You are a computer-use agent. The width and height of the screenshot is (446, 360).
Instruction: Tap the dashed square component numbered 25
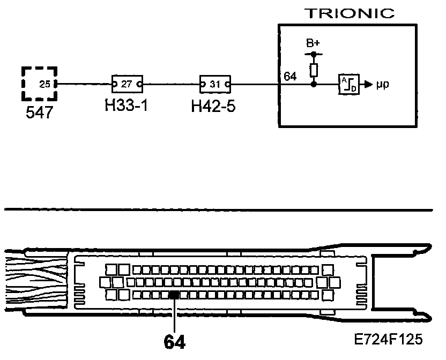pyautogui.click(x=39, y=84)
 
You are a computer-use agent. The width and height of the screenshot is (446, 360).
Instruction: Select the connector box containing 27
pyautogui.click(x=127, y=84)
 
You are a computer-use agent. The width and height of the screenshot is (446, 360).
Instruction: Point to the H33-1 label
pyautogui.click(x=127, y=105)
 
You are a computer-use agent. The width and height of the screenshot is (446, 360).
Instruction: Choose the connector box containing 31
pyautogui.click(x=215, y=84)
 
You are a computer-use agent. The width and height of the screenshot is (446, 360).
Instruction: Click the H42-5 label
pyautogui.click(x=213, y=105)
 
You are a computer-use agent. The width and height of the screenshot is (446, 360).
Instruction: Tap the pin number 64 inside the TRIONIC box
pyautogui.click(x=290, y=77)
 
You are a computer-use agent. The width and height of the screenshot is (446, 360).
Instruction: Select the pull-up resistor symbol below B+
pyautogui.click(x=314, y=69)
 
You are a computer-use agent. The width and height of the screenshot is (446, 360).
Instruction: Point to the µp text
pyautogui.click(x=382, y=85)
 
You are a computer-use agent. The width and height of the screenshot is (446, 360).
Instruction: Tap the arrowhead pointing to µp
pyautogui.click(x=368, y=84)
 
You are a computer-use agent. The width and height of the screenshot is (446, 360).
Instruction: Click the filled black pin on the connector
pyautogui.click(x=174, y=294)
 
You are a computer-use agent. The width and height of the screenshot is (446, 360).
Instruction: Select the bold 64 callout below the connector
pyautogui.click(x=175, y=342)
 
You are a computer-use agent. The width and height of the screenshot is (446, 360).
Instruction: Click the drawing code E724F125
pyautogui.click(x=388, y=339)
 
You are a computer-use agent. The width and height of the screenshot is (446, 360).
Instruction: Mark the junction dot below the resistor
pyautogui.click(x=314, y=84)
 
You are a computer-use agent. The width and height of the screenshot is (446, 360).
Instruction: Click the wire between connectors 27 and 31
pyautogui.click(x=170, y=84)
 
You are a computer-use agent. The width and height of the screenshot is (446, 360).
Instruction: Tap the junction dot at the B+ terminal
pyautogui.click(x=314, y=54)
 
